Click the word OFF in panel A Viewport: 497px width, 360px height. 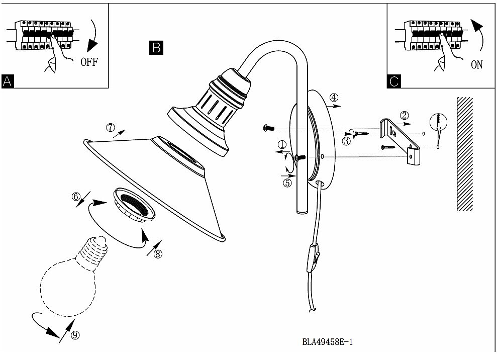click(89, 62)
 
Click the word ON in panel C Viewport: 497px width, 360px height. click(476, 65)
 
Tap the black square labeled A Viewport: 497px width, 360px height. click(8, 81)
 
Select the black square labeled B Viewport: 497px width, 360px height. click(156, 48)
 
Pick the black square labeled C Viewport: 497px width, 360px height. click(393, 81)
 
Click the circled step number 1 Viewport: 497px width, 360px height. click(282, 145)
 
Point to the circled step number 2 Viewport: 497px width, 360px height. click(404, 116)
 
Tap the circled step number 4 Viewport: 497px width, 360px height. click(334, 98)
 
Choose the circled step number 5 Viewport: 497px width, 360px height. click(287, 183)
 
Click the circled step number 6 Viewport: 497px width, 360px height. click(76, 197)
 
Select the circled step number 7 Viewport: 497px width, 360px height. click(110, 128)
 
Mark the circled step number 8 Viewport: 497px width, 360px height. click(157, 253)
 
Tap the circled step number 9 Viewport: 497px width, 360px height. click(75, 335)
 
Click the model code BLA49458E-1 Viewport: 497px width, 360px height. click(328, 342)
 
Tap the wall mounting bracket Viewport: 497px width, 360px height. click(400, 141)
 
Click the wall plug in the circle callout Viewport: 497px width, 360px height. click(438, 123)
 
